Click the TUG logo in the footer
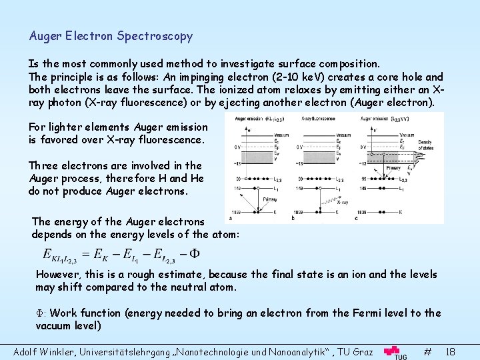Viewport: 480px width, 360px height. click(x=396, y=351)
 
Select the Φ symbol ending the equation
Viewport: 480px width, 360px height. click(x=194, y=254)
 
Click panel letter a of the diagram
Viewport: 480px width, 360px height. click(x=230, y=218)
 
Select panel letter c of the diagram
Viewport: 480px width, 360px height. click(x=355, y=218)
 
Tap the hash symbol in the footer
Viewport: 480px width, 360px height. click(x=427, y=350)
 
